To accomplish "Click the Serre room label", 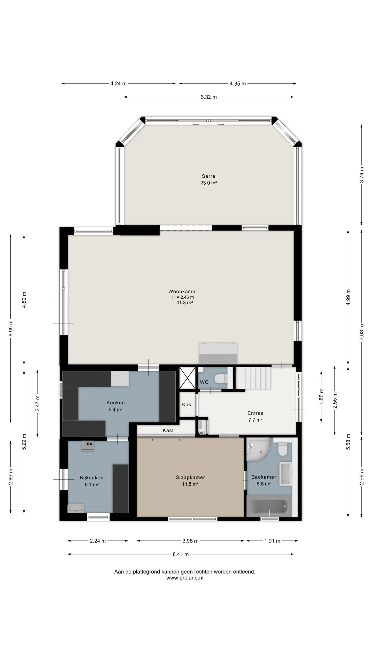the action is coord(208,176).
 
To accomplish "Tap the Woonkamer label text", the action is coord(183,291).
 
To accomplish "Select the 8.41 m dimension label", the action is coord(181,554).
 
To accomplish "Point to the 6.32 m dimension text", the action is coord(208,97).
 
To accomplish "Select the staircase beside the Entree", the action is coord(253,378).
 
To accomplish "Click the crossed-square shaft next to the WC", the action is coord(187,378).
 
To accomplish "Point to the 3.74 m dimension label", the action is coord(362,175).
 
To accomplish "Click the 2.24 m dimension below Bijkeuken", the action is coord(98,541).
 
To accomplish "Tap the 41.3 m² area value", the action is coord(185,303).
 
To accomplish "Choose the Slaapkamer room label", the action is coord(190,477).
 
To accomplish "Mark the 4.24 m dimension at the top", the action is coord(118,84).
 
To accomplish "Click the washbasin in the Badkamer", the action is coord(286,473).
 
